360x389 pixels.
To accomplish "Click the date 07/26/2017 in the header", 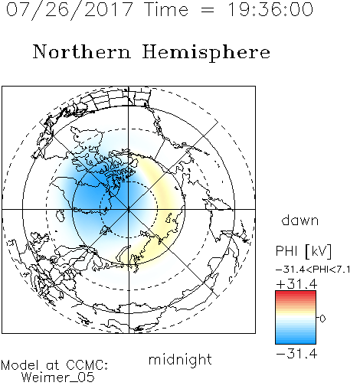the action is [x=69, y=10].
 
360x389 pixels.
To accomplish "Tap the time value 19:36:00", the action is [x=270, y=10].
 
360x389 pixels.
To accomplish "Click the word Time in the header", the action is [x=166, y=10].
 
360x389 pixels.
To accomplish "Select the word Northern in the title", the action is [x=82, y=52].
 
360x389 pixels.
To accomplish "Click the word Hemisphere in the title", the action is [x=206, y=53].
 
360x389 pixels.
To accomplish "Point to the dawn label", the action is [x=300, y=220].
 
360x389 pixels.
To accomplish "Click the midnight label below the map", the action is [x=180, y=360].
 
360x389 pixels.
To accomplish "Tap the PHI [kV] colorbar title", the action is [x=303, y=251].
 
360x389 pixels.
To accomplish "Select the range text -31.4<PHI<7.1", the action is [x=313, y=270].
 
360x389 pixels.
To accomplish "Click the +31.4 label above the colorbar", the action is [x=296, y=284].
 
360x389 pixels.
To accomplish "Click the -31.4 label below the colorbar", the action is [x=296, y=354].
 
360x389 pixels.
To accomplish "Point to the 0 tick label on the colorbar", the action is [x=322, y=319].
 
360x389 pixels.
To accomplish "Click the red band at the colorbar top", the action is [x=296, y=293].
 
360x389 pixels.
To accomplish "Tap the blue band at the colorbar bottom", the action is [x=296, y=341].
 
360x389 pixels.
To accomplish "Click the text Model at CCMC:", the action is [x=54, y=365].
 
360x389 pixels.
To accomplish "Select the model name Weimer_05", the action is [x=58, y=378].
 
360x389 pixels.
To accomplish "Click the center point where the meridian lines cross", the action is [x=129, y=209].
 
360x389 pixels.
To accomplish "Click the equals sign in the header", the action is [x=208, y=10].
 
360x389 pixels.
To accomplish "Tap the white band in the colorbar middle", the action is [x=296, y=318].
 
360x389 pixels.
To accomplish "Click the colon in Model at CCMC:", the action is [x=106, y=366].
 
